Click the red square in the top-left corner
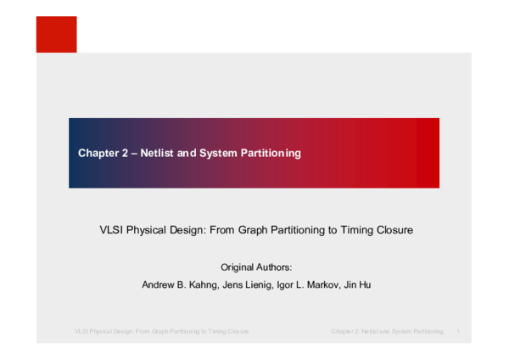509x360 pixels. pos(56,34)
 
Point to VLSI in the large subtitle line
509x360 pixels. pos(110,229)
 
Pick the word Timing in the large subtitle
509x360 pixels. pos(354,229)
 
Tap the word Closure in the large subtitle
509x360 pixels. pos(394,229)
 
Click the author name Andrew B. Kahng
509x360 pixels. pos(177,285)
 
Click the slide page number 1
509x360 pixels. pos(458,330)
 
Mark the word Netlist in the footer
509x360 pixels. pos(368,330)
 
